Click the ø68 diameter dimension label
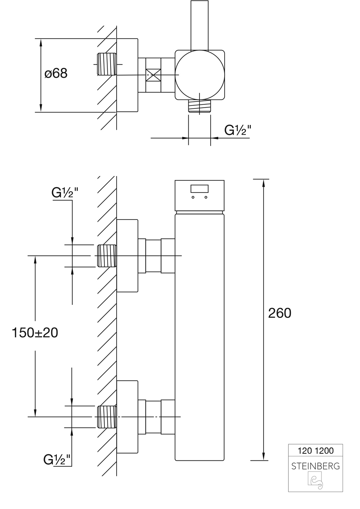(56, 74)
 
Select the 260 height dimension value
(280, 313)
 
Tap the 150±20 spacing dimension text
(35, 332)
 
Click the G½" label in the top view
(238, 130)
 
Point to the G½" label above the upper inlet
(65, 193)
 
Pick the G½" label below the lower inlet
(57, 459)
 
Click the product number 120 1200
(315, 450)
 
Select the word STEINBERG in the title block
(315, 466)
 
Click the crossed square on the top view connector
(154, 75)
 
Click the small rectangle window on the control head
(199, 189)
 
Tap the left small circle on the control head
(193, 197)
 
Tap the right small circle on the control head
(206, 197)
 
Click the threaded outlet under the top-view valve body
(200, 107)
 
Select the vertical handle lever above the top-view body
(199, 25)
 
